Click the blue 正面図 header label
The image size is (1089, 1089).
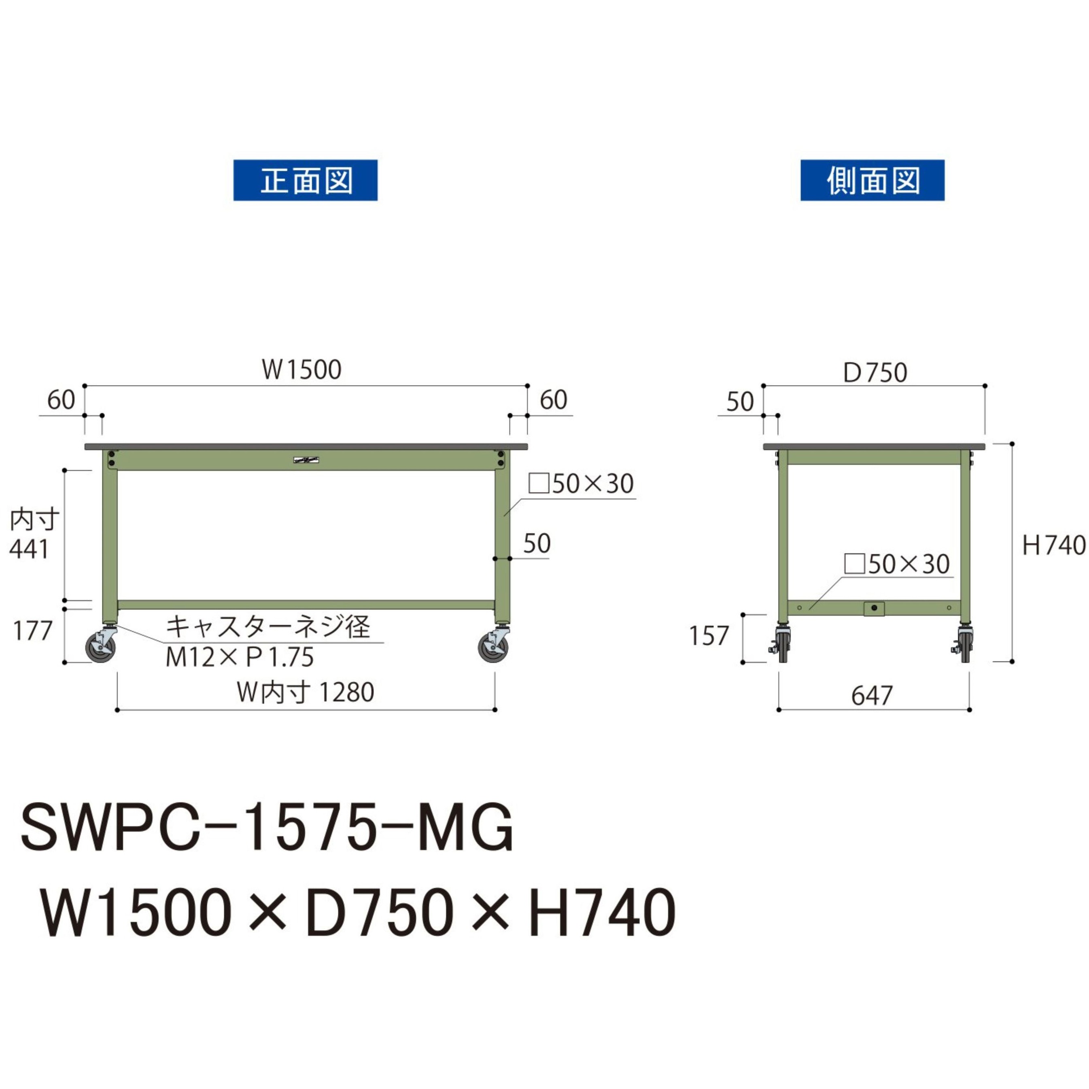click(x=305, y=180)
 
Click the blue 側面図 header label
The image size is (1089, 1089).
click(x=872, y=180)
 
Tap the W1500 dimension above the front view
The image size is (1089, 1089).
click(x=301, y=370)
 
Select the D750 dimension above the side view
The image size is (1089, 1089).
click(x=875, y=373)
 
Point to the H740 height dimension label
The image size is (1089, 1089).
click(x=1053, y=545)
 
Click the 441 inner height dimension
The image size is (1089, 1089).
click(x=29, y=550)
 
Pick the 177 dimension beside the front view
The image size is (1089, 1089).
click(x=33, y=631)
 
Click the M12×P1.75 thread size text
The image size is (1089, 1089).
click(x=240, y=657)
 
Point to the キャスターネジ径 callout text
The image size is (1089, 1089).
click(x=268, y=627)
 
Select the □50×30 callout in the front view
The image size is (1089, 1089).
click(x=581, y=484)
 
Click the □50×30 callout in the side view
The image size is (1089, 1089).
click(x=897, y=564)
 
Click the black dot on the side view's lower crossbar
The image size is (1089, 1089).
click(x=874, y=608)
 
